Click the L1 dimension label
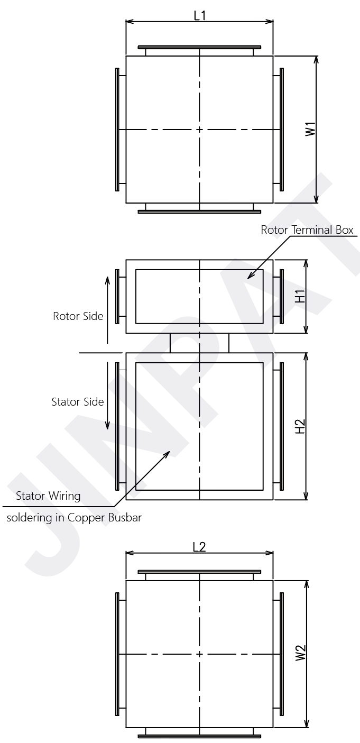[x=199, y=15]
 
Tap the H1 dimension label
[x=300, y=297]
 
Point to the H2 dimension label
[x=300, y=426]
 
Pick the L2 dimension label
[x=199, y=547]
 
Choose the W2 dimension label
[x=300, y=654]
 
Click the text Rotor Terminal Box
[x=307, y=230]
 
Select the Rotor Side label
[x=78, y=316]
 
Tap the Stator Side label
[x=77, y=402]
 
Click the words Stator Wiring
[x=48, y=496]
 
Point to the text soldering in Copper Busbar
[x=74, y=518]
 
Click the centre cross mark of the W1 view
[x=199, y=130]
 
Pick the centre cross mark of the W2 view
[x=199, y=654]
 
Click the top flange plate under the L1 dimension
[x=199, y=47]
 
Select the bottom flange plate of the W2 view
[x=199, y=736]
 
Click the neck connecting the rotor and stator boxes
[x=199, y=343]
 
